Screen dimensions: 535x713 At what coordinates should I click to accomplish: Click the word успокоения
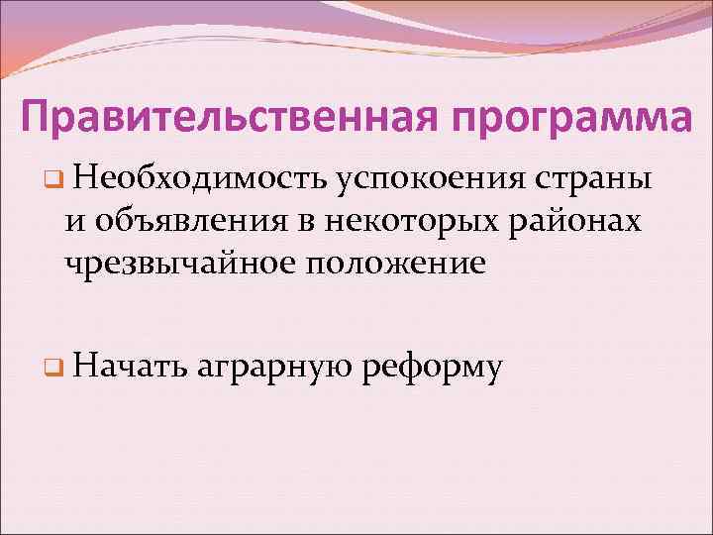click(x=431, y=181)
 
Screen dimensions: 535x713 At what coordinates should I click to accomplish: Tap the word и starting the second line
click(x=74, y=224)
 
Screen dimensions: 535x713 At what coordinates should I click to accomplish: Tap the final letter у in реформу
click(x=494, y=372)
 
